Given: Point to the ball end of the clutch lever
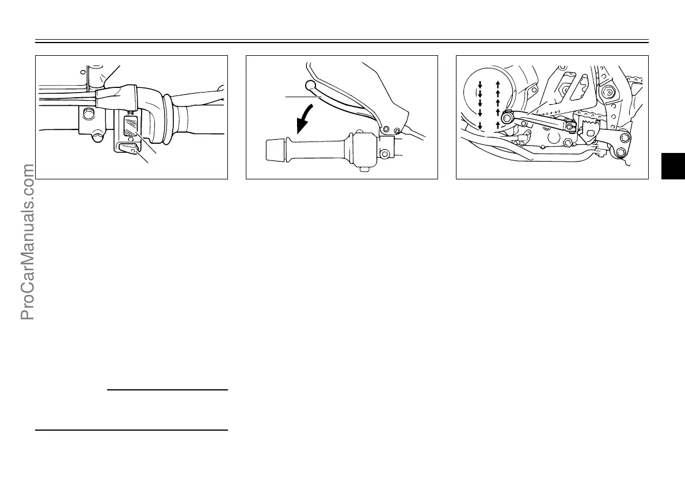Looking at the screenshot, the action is tap(311, 86).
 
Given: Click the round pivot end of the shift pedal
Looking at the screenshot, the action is tap(507, 118).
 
